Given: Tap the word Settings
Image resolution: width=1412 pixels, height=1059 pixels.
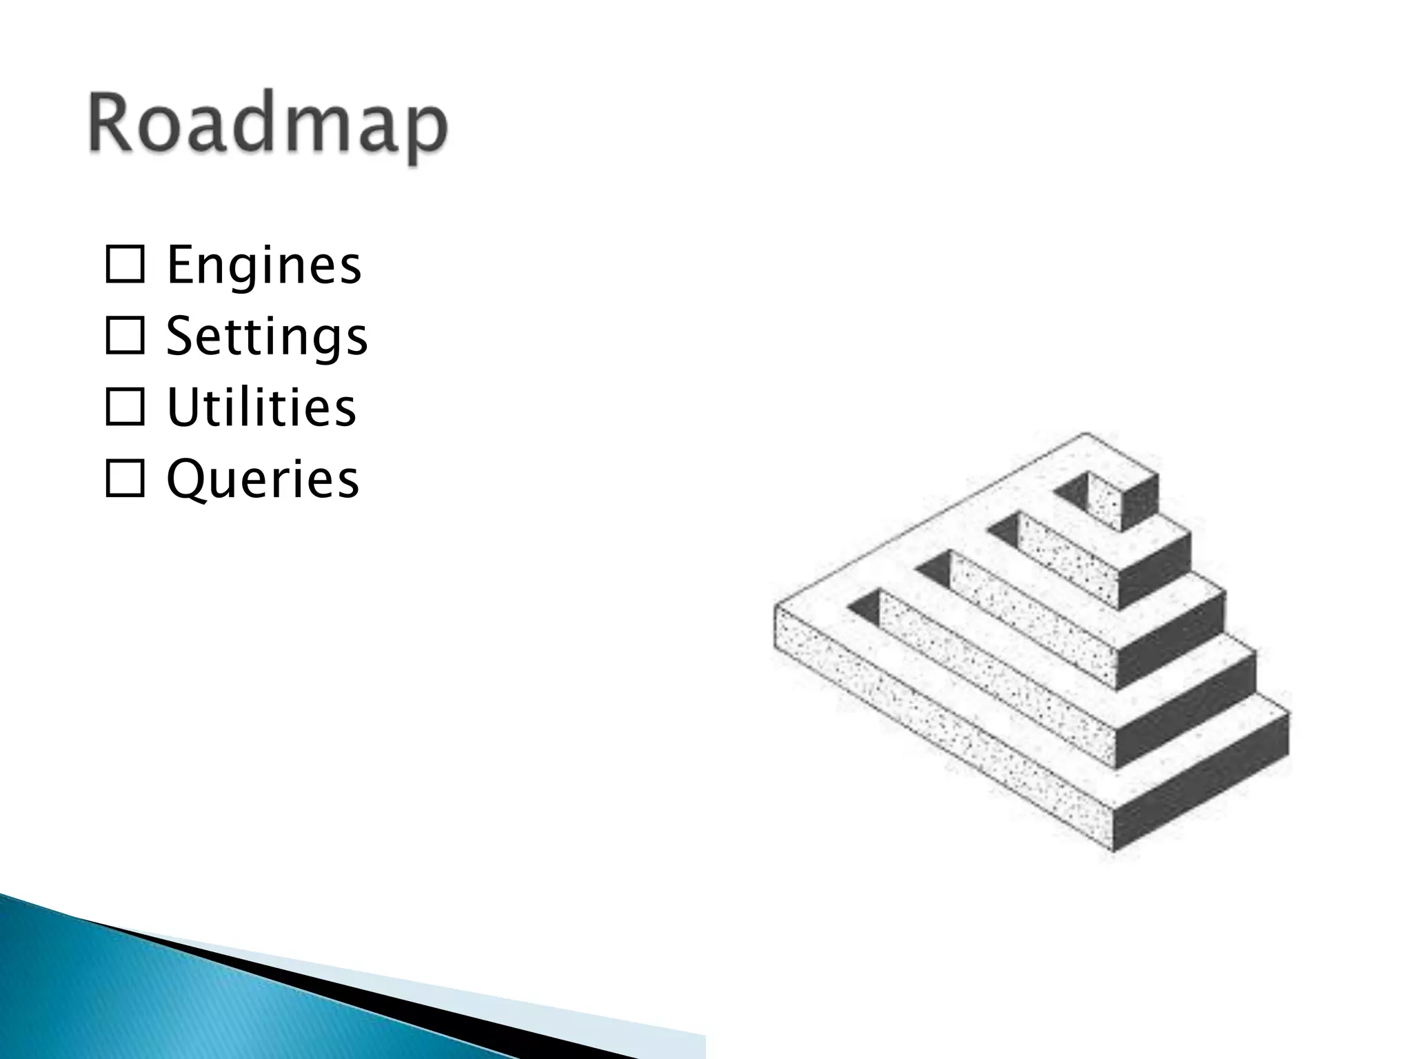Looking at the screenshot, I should pyautogui.click(x=267, y=336).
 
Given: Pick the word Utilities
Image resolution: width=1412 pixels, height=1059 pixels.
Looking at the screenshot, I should pyautogui.click(x=261, y=407).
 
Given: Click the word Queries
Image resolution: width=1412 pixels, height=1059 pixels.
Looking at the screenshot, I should pyautogui.click(x=263, y=479).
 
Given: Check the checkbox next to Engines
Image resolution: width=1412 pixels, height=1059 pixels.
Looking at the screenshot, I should pyautogui.click(x=125, y=265).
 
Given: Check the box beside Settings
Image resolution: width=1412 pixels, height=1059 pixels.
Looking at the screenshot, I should pyautogui.click(x=125, y=337).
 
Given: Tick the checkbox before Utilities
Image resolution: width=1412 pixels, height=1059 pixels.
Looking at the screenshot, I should pyautogui.click(x=125, y=408).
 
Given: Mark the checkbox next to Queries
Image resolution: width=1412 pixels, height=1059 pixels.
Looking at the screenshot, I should pyautogui.click(x=125, y=480).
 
